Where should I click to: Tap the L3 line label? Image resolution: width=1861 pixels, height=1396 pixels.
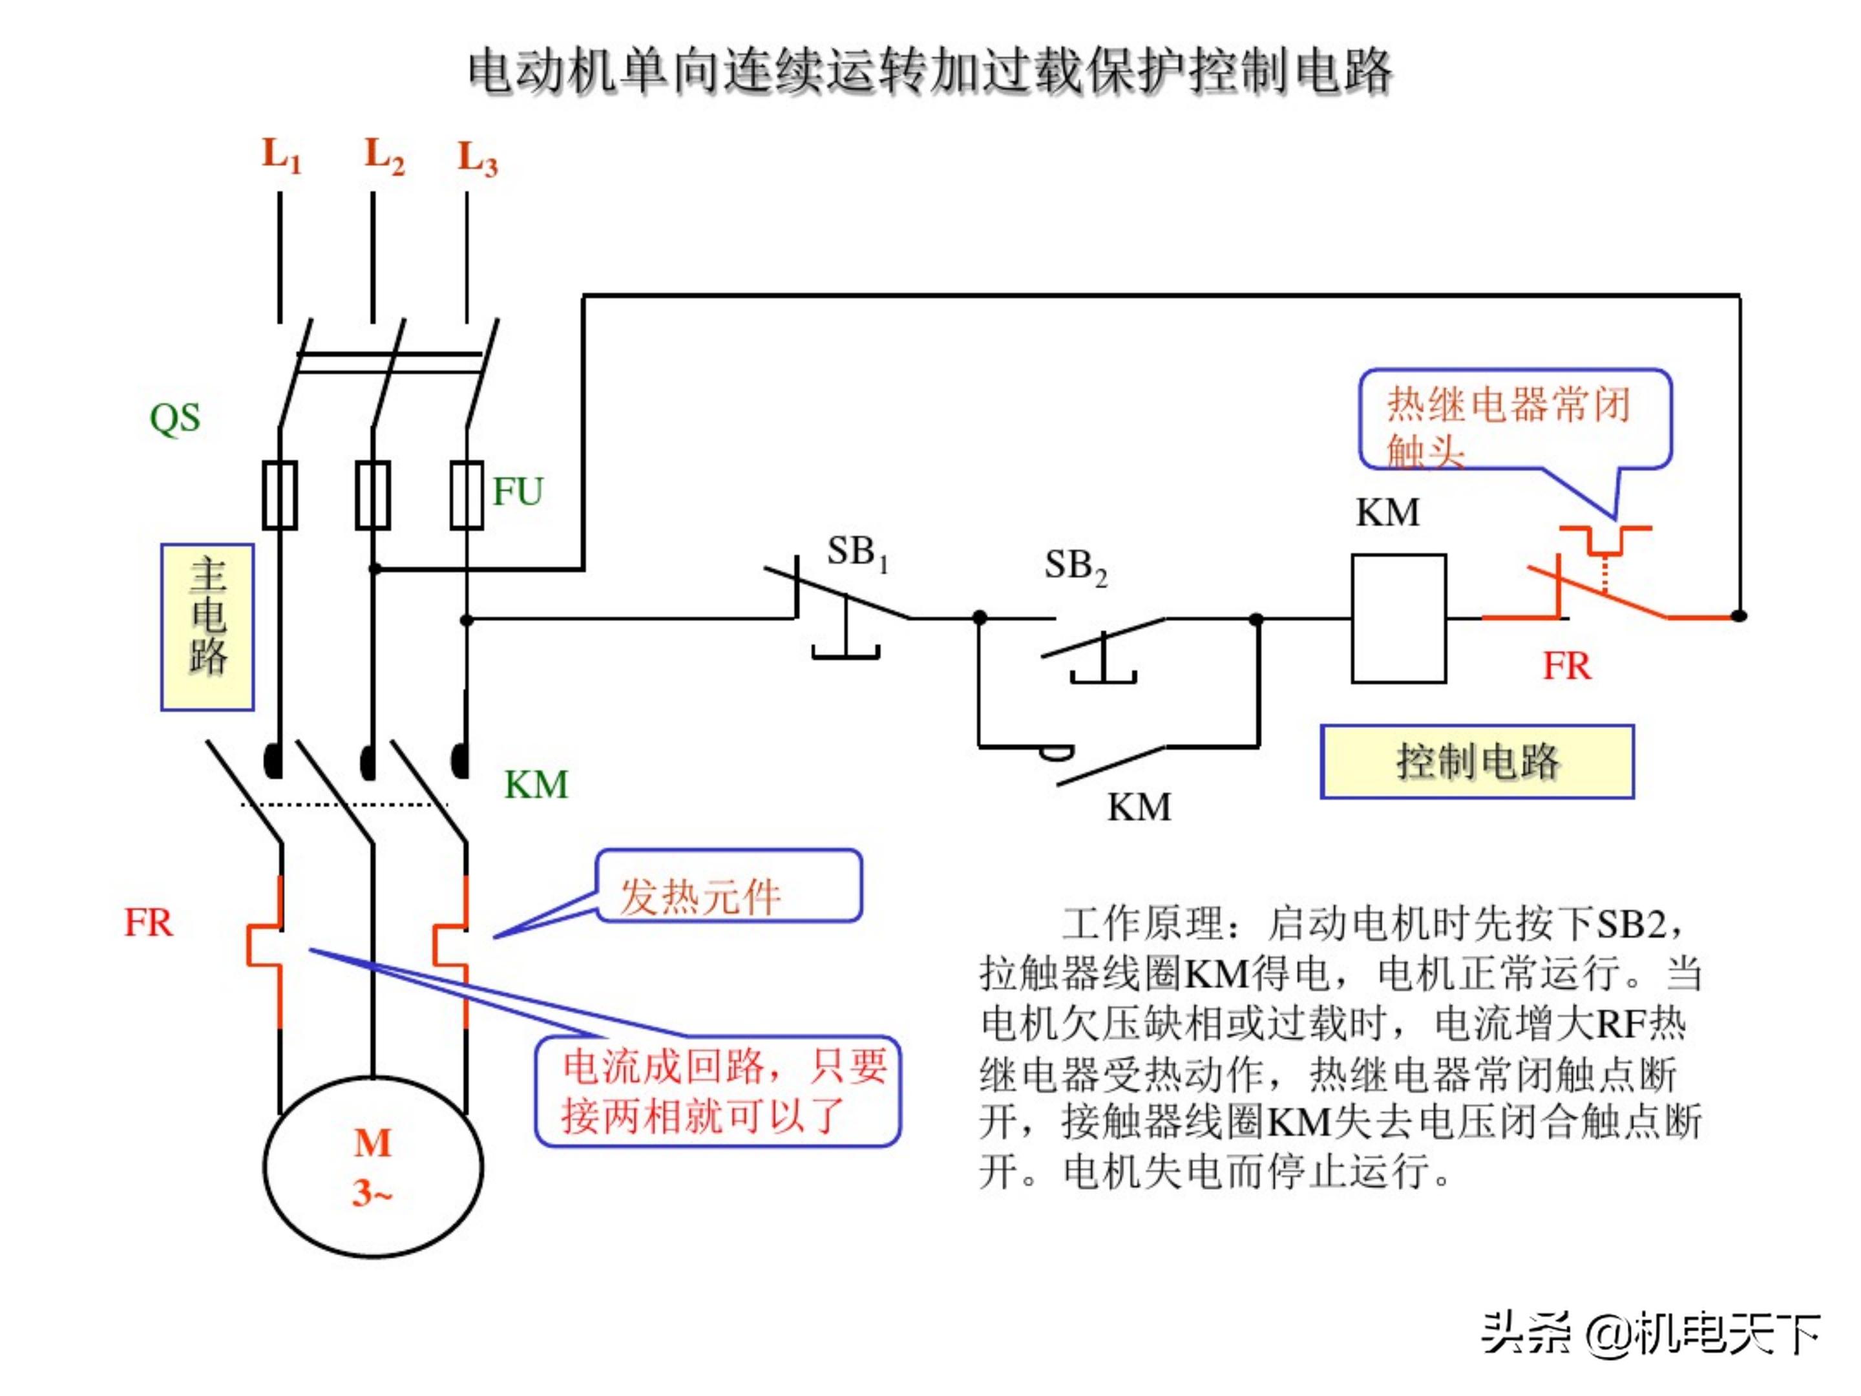477,159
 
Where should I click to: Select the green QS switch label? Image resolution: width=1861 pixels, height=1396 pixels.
175,418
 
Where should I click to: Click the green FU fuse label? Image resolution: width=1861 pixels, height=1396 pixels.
518,491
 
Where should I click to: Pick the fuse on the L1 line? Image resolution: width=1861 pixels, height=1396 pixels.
280,495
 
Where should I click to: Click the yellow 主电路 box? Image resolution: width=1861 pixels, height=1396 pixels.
208,628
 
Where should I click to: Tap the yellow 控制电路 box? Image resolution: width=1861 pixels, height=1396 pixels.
1477,761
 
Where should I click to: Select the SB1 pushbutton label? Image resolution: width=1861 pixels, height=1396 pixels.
856,553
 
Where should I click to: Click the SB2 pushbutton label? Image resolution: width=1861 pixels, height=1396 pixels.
1075,566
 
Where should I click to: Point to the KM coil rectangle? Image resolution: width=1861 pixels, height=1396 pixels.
1398,619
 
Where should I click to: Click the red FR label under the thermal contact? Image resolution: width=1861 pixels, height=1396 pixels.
1566,666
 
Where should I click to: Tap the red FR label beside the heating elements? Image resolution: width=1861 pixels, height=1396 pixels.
149,923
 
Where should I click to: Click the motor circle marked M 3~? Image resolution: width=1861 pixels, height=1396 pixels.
373,1167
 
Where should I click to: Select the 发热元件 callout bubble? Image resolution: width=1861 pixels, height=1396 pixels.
729,887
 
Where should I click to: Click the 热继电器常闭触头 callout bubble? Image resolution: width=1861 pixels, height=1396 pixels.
1515,419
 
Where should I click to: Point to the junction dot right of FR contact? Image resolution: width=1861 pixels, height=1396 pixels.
1739,616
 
